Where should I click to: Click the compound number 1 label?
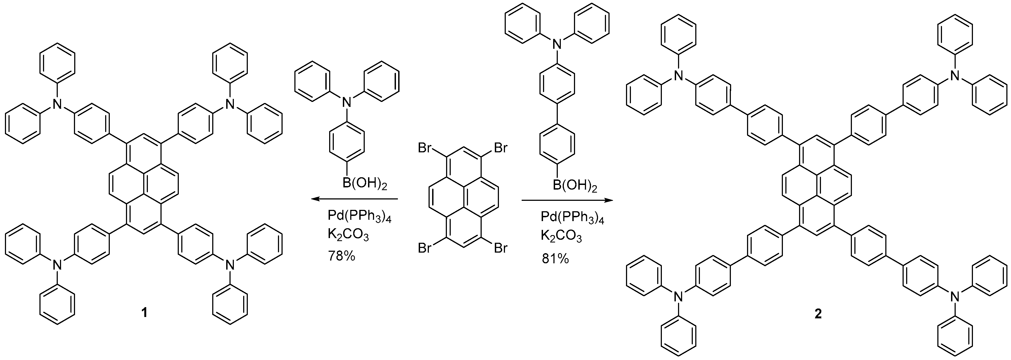(144, 313)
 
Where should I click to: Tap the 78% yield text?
(341, 256)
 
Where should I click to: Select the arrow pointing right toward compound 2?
(567, 201)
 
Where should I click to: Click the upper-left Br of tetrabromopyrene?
(426, 148)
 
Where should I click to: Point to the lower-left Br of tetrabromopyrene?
(426, 248)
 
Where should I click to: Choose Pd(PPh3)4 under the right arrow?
(572, 217)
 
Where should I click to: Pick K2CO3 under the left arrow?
(348, 236)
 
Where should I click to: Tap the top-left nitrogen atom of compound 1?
(58, 104)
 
